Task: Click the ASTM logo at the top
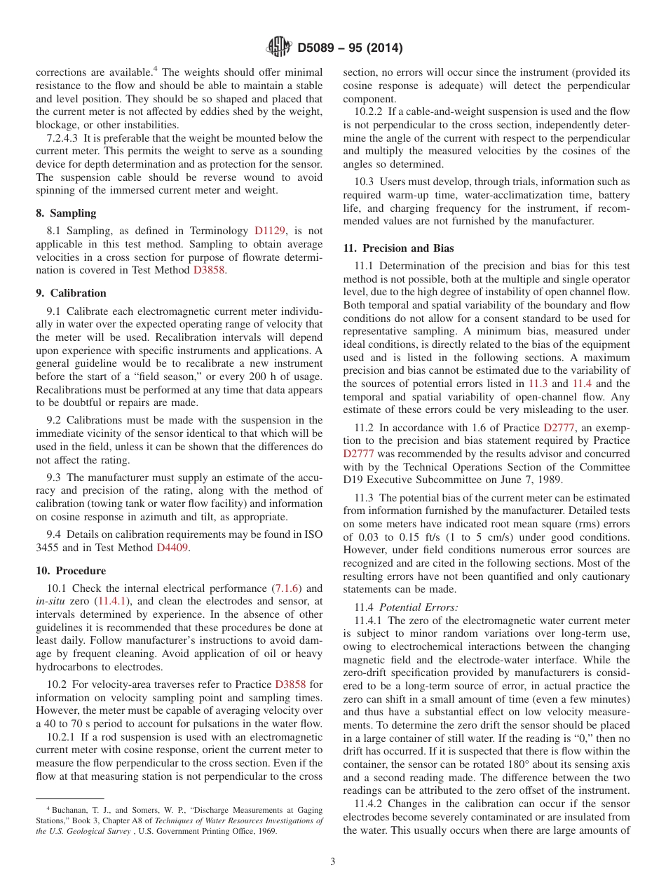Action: [x=278, y=48]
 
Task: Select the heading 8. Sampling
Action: [x=66, y=213]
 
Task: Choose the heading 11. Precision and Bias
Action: [x=398, y=248]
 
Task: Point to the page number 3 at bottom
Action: [x=333, y=862]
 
